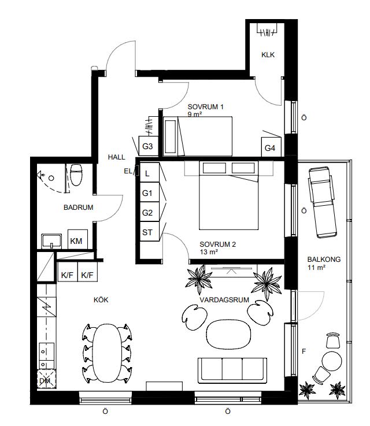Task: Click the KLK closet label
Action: pyautogui.click(x=268, y=54)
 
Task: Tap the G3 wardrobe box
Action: pyautogui.click(x=149, y=146)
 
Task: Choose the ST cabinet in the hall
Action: pyautogui.click(x=149, y=231)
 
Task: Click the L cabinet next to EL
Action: pyautogui.click(x=149, y=172)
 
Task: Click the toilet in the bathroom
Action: pyautogui.click(x=76, y=175)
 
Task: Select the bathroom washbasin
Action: pyautogui.click(x=51, y=241)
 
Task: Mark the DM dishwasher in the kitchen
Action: pyautogui.click(x=46, y=379)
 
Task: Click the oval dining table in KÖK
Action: pyautogui.click(x=107, y=353)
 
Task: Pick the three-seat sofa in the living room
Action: pyautogui.click(x=232, y=371)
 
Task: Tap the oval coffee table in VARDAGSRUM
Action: pyautogui.click(x=228, y=335)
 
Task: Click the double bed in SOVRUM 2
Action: pyautogui.click(x=228, y=195)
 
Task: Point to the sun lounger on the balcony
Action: pyautogui.click(x=323, y=202)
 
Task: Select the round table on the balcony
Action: pyautogui.click(x=332, y=361)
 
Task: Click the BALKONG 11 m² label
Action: pyautogui.click(x=324, y=263)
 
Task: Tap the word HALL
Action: pyautogui.click(x=117, y=157)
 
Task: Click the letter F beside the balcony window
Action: pyautogui.click(x=304, y=351)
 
